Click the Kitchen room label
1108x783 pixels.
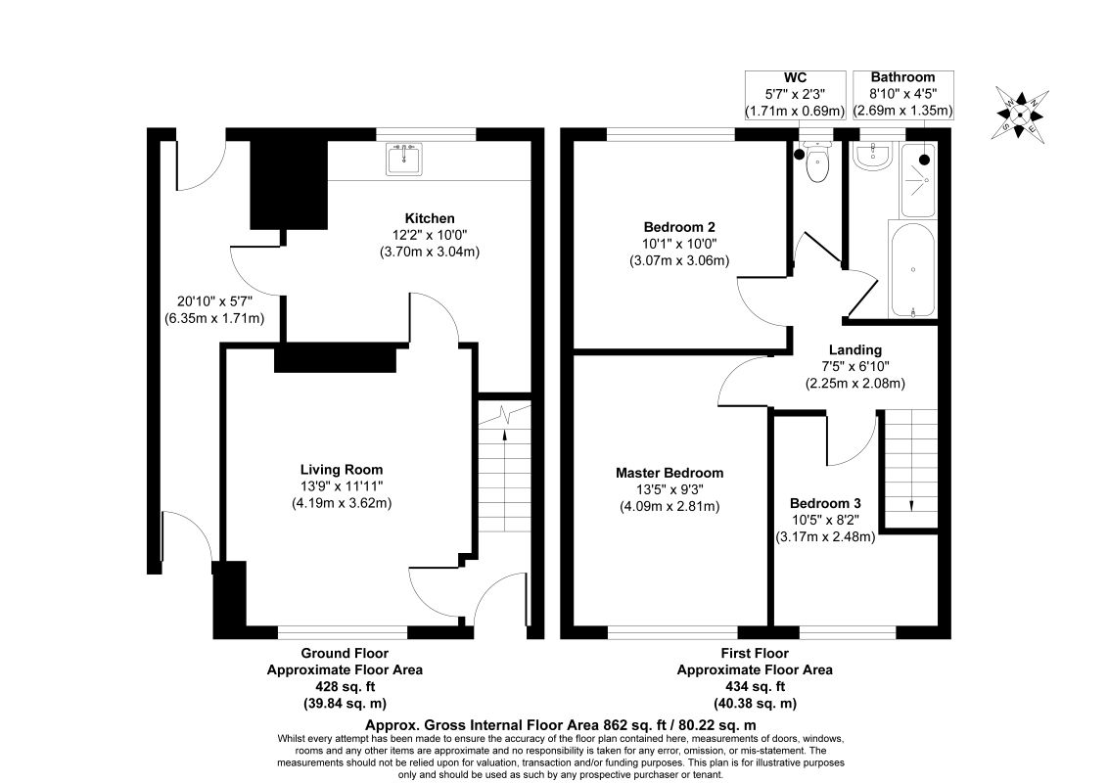point(430,218)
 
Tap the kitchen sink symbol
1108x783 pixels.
point(403,159)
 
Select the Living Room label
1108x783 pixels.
point(342,469)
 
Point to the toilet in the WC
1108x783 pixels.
point(817,162)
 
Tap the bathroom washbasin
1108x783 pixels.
point(875,157)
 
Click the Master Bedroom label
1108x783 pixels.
point(669,473)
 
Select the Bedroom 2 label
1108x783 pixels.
point(679,227)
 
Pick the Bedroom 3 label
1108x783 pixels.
point(825,503)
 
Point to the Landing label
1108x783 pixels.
point(855,349)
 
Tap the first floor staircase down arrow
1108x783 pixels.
point(911,505)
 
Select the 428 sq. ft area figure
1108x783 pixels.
point(345,686)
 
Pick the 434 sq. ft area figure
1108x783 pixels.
point(755,685)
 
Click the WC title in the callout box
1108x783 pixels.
point(795,77)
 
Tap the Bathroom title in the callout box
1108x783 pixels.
point(902,77)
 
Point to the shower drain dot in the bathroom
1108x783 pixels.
point(924,161)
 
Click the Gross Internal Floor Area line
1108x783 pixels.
point(560,725)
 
